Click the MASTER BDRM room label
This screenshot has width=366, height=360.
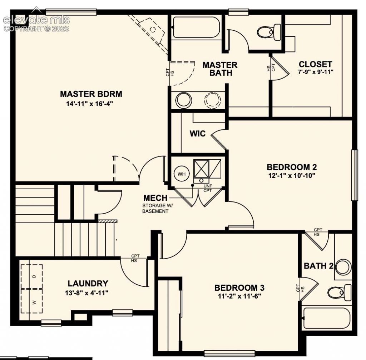[x=91, y=94]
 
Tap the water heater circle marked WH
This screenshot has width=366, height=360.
[x=182, y=174]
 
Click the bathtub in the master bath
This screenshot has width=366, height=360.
[x=196, y=27]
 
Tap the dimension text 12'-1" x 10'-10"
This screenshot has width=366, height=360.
[x=292, y=175]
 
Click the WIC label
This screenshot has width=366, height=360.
[x=197, y=134]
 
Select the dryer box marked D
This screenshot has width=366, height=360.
[x=32, y=276]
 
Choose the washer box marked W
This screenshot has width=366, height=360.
[x=32, y=301]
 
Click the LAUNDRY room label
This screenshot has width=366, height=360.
[x=88, y=284]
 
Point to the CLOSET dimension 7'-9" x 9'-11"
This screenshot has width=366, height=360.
[x=316, y=71]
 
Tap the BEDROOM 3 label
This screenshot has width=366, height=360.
[x=239, y=288]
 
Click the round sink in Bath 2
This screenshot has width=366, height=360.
[x=343, y=266]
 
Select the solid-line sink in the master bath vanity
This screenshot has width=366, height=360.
[x=184, y=100]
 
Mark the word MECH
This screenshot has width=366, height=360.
[x=155, y=198]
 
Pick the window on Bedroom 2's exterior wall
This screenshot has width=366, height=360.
[x=355, y=175]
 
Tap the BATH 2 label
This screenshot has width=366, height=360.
[x=318, y=266]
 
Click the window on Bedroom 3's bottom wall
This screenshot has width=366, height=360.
[x=229, y=354]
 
